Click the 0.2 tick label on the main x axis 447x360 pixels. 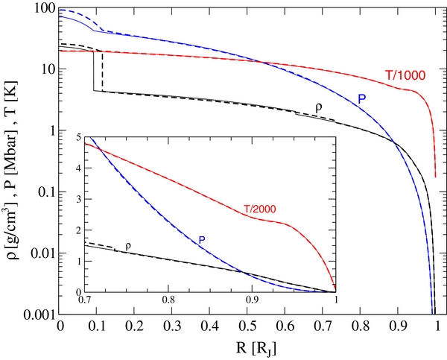pyautogui.click(x=135, y=326)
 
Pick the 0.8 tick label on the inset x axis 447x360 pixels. pyautogui.click(x=168, y=300)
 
